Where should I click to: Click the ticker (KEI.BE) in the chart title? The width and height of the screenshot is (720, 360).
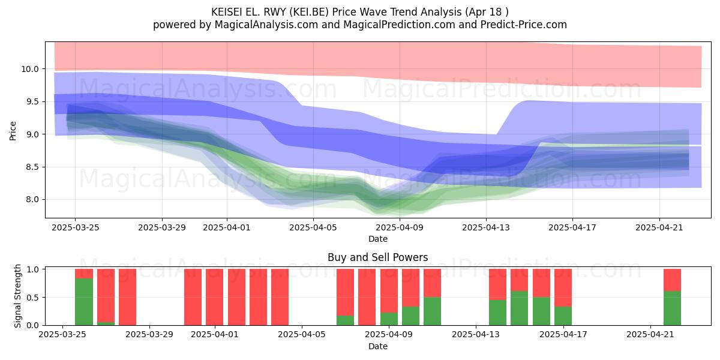(x=309, y=12)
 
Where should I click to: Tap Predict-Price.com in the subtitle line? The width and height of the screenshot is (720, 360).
(x=524, y=25)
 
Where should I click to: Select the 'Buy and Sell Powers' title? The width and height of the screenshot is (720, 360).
(x=377, y=257)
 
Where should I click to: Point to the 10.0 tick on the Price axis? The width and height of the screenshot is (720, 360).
(x=30, y=69)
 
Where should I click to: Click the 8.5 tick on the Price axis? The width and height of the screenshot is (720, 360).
(x=32, y=167)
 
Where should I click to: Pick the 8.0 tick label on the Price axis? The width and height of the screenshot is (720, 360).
(x=32, y=200)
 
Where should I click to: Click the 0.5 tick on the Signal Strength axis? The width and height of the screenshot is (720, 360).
(x=32, y=298)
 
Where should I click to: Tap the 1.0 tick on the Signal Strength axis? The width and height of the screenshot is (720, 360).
(x=32, y=269)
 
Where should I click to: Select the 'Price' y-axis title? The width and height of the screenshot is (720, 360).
(x=13, y=131)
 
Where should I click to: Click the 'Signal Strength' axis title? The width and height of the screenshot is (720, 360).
(x=17, y=296)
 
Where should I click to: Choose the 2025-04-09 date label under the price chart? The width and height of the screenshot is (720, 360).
(x=400, y=227)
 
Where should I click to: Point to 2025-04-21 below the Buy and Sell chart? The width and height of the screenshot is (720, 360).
(x=650, y=335)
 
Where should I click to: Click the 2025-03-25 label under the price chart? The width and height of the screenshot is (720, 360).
(x=75, y=227)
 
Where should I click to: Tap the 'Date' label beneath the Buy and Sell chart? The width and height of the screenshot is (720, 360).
(x=377, y=346)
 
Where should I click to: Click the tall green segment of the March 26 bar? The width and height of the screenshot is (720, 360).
(x=84, y=302)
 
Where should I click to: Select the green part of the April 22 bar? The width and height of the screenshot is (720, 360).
(x=673, y=308)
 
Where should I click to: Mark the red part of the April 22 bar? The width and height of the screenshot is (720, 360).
(x=673, y=280)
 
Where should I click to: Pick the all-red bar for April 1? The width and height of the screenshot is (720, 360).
(x=215, y=297)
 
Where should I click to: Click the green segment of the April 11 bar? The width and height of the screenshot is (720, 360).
(x=433, y=311)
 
